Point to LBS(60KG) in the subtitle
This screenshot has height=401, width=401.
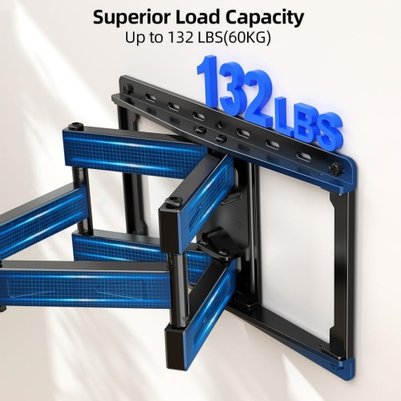[x=236, y=38]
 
